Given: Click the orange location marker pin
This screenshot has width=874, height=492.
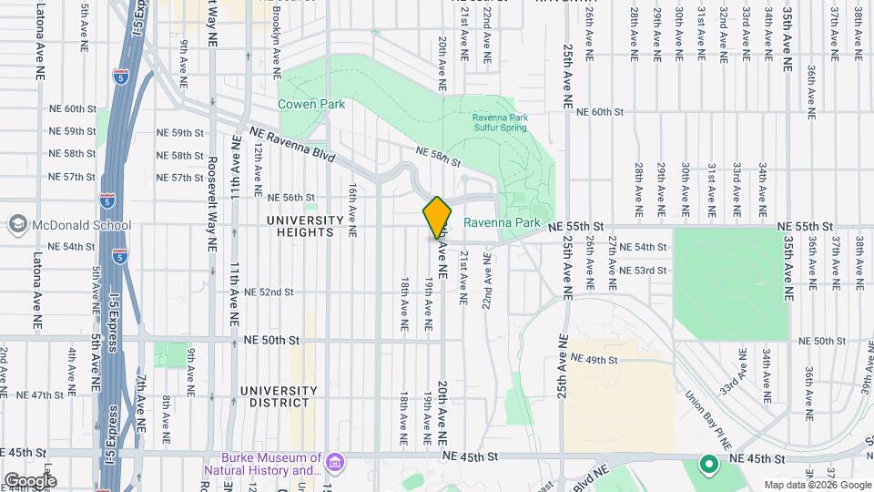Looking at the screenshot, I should click(x=437, y=217).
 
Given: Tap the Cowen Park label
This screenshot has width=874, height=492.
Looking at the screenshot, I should click(x=311, y=104).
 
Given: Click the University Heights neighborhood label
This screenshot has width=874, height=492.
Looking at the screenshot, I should click(x=305, y=226).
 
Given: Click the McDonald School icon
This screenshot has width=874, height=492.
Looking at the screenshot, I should click(x=17, y=224).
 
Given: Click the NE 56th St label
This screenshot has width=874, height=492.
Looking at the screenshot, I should click(x=290, y=197).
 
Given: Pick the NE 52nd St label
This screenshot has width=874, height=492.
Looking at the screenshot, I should click(x=269, y=292).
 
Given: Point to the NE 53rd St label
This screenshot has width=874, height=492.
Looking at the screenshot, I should click(x=643, y=271).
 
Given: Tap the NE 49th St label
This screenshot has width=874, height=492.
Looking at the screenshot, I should click(x=593, y=360).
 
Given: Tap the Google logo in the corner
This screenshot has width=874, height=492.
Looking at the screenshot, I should click(x=30, y=480).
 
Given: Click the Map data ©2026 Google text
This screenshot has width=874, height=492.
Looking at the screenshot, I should click(x=817, y=485).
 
